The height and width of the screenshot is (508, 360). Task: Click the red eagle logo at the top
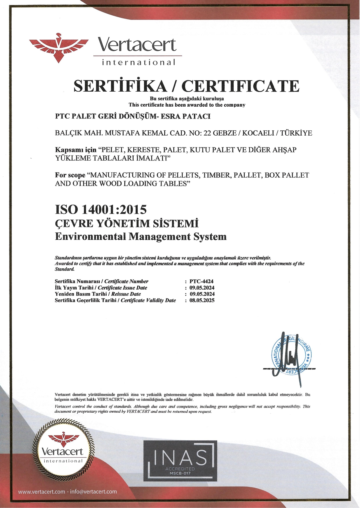59,48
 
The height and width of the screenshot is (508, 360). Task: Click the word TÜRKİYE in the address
296,133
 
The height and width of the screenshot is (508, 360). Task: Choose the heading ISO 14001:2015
101,209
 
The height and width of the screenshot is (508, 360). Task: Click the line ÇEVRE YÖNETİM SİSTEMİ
127,223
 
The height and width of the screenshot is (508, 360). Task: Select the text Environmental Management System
141,236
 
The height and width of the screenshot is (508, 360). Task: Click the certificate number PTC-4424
201,281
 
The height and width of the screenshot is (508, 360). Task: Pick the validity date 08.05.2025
202,300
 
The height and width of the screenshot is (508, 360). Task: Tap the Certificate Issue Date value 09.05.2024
202,287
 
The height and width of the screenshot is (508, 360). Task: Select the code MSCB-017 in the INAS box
180,474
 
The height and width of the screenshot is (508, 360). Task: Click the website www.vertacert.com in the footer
41,491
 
